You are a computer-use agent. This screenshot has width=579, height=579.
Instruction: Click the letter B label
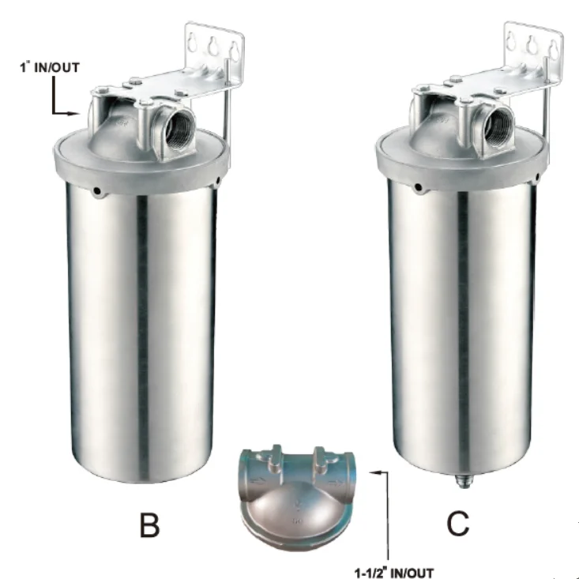tap(149, 524)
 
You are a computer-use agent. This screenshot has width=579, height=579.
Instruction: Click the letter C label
tap(458, 523)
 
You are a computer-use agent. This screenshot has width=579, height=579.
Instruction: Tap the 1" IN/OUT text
tap(50, 68)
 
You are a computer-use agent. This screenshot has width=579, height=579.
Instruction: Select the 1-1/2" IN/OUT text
tap(394, 573)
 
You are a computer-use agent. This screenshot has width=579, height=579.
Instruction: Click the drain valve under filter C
tap(461, 481)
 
